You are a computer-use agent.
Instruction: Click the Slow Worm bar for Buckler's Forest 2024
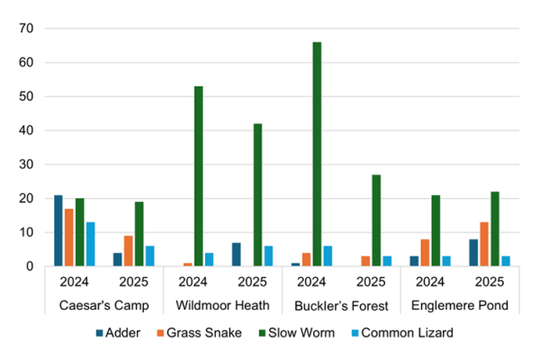(316, 154)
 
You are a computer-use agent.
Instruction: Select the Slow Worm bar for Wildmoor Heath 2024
(197, 176)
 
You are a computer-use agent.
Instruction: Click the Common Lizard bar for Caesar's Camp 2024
(91, 244)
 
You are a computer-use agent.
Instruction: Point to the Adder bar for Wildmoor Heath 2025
(236, 255)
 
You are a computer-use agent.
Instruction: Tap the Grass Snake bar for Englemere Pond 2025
(484, 244)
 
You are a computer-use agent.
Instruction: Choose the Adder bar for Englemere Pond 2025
(473, 253)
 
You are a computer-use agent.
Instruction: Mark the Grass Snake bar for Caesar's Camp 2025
(129, 251)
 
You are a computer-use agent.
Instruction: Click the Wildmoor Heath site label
(223, 306)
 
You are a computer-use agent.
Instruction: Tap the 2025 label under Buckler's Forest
(373, 281)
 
